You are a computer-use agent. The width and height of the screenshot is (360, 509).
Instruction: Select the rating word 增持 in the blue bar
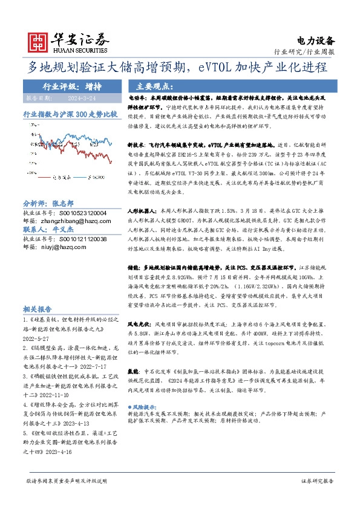point(93,86)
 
